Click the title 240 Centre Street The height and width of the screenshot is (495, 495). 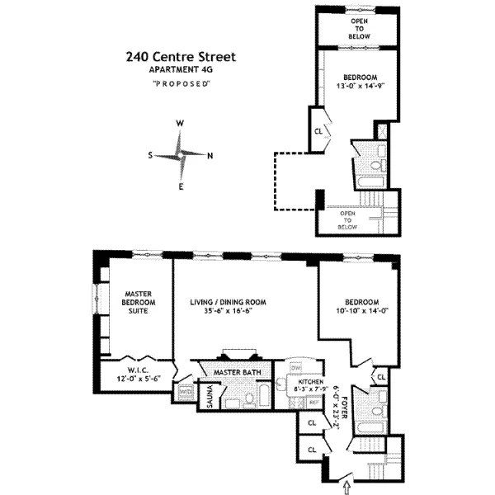click(x=181, y=57)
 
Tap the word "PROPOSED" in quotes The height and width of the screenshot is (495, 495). click(x=181, y=84)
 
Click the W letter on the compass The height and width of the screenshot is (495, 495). click(x=180, y=124)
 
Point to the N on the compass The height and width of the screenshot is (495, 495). click(x=210, y=155)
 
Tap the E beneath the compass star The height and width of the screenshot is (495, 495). click(x=181, y=186)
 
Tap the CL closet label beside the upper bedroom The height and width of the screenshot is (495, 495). click(x=318, y=131)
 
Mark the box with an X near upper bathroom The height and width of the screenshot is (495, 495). click(x=382, y=130)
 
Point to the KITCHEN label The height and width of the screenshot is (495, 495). click(x=295, y=382)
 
